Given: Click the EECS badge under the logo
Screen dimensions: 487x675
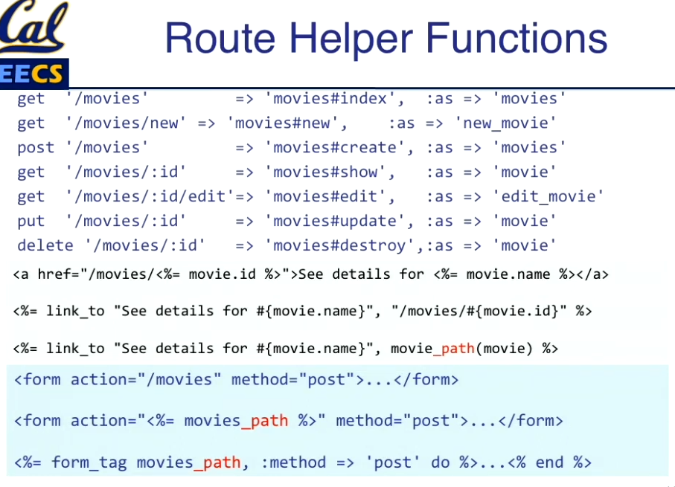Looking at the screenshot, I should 33,74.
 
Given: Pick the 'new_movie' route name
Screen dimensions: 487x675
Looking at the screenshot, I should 505,123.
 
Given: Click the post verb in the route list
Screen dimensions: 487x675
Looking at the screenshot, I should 36,148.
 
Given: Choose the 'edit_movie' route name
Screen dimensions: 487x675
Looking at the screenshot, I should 548,197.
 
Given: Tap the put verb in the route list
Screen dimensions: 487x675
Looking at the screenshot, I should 31,222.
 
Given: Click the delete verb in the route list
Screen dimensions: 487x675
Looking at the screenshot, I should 45,246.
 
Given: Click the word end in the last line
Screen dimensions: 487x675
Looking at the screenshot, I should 549,462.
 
